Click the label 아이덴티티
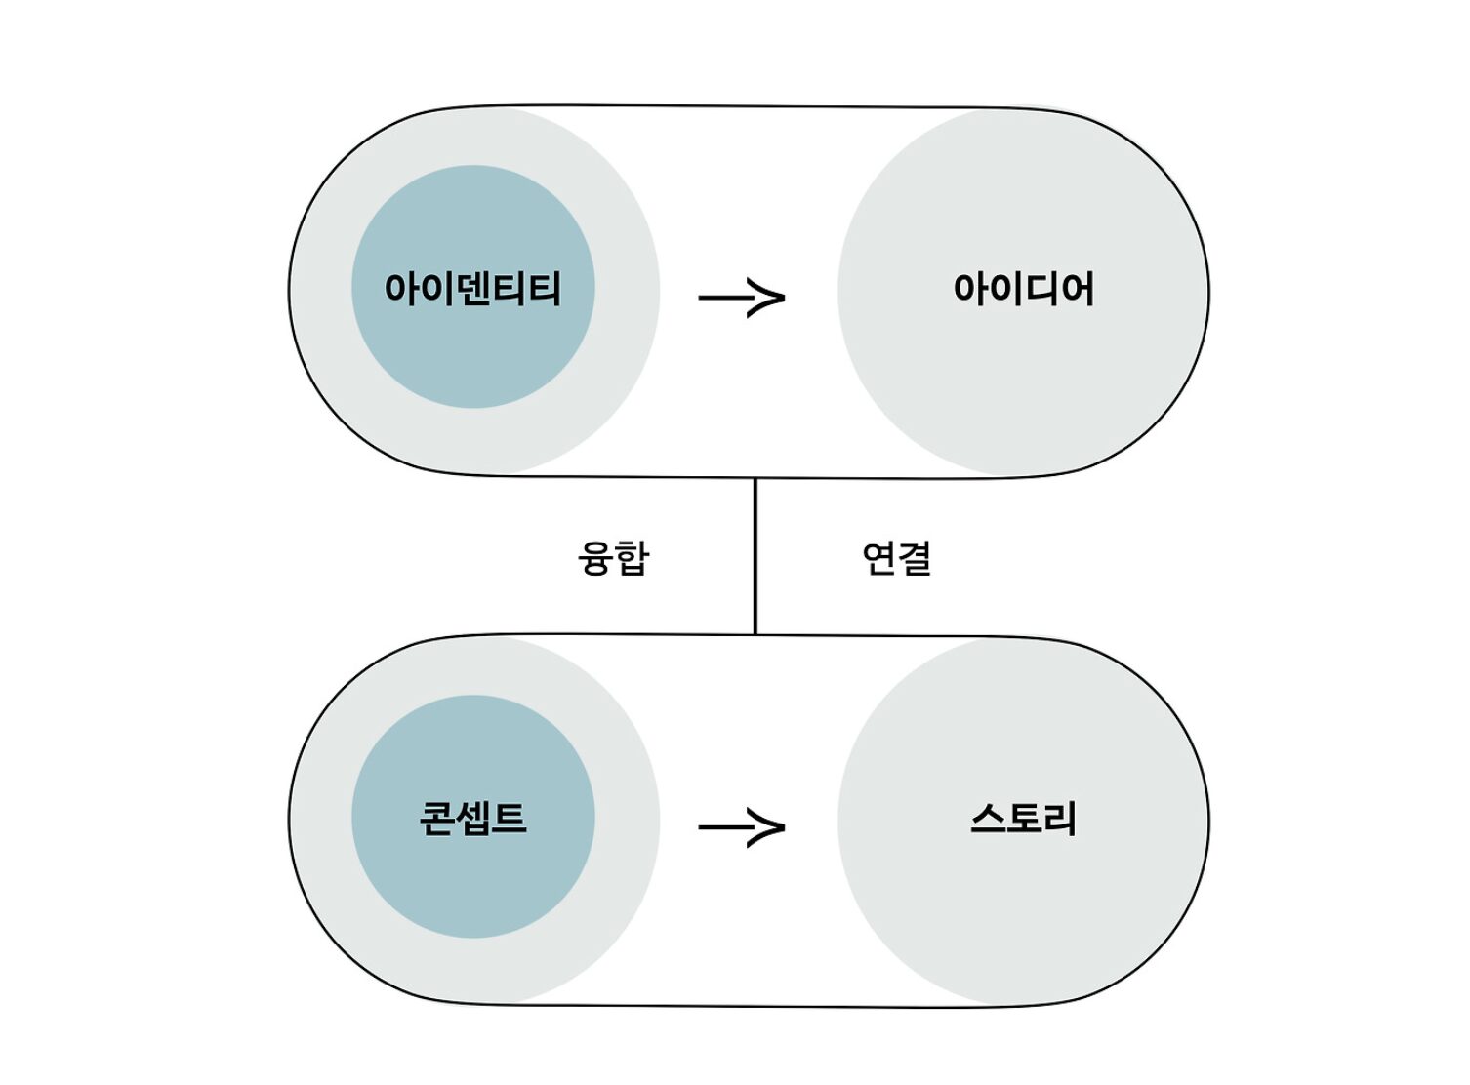pos(472,288)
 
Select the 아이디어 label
pos(1023,288)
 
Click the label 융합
pos(614,557)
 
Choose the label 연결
pos(897,557)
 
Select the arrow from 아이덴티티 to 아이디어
pos(742,297)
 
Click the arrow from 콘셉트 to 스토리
pos(742,826)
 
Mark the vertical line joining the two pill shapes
pos(755,556)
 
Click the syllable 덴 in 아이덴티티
pos(473,288)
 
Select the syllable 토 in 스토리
pos(1023,819)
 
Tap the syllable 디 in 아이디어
pos(1041,288)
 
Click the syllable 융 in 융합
pos(595,557)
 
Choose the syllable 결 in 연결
pos(916,557)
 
